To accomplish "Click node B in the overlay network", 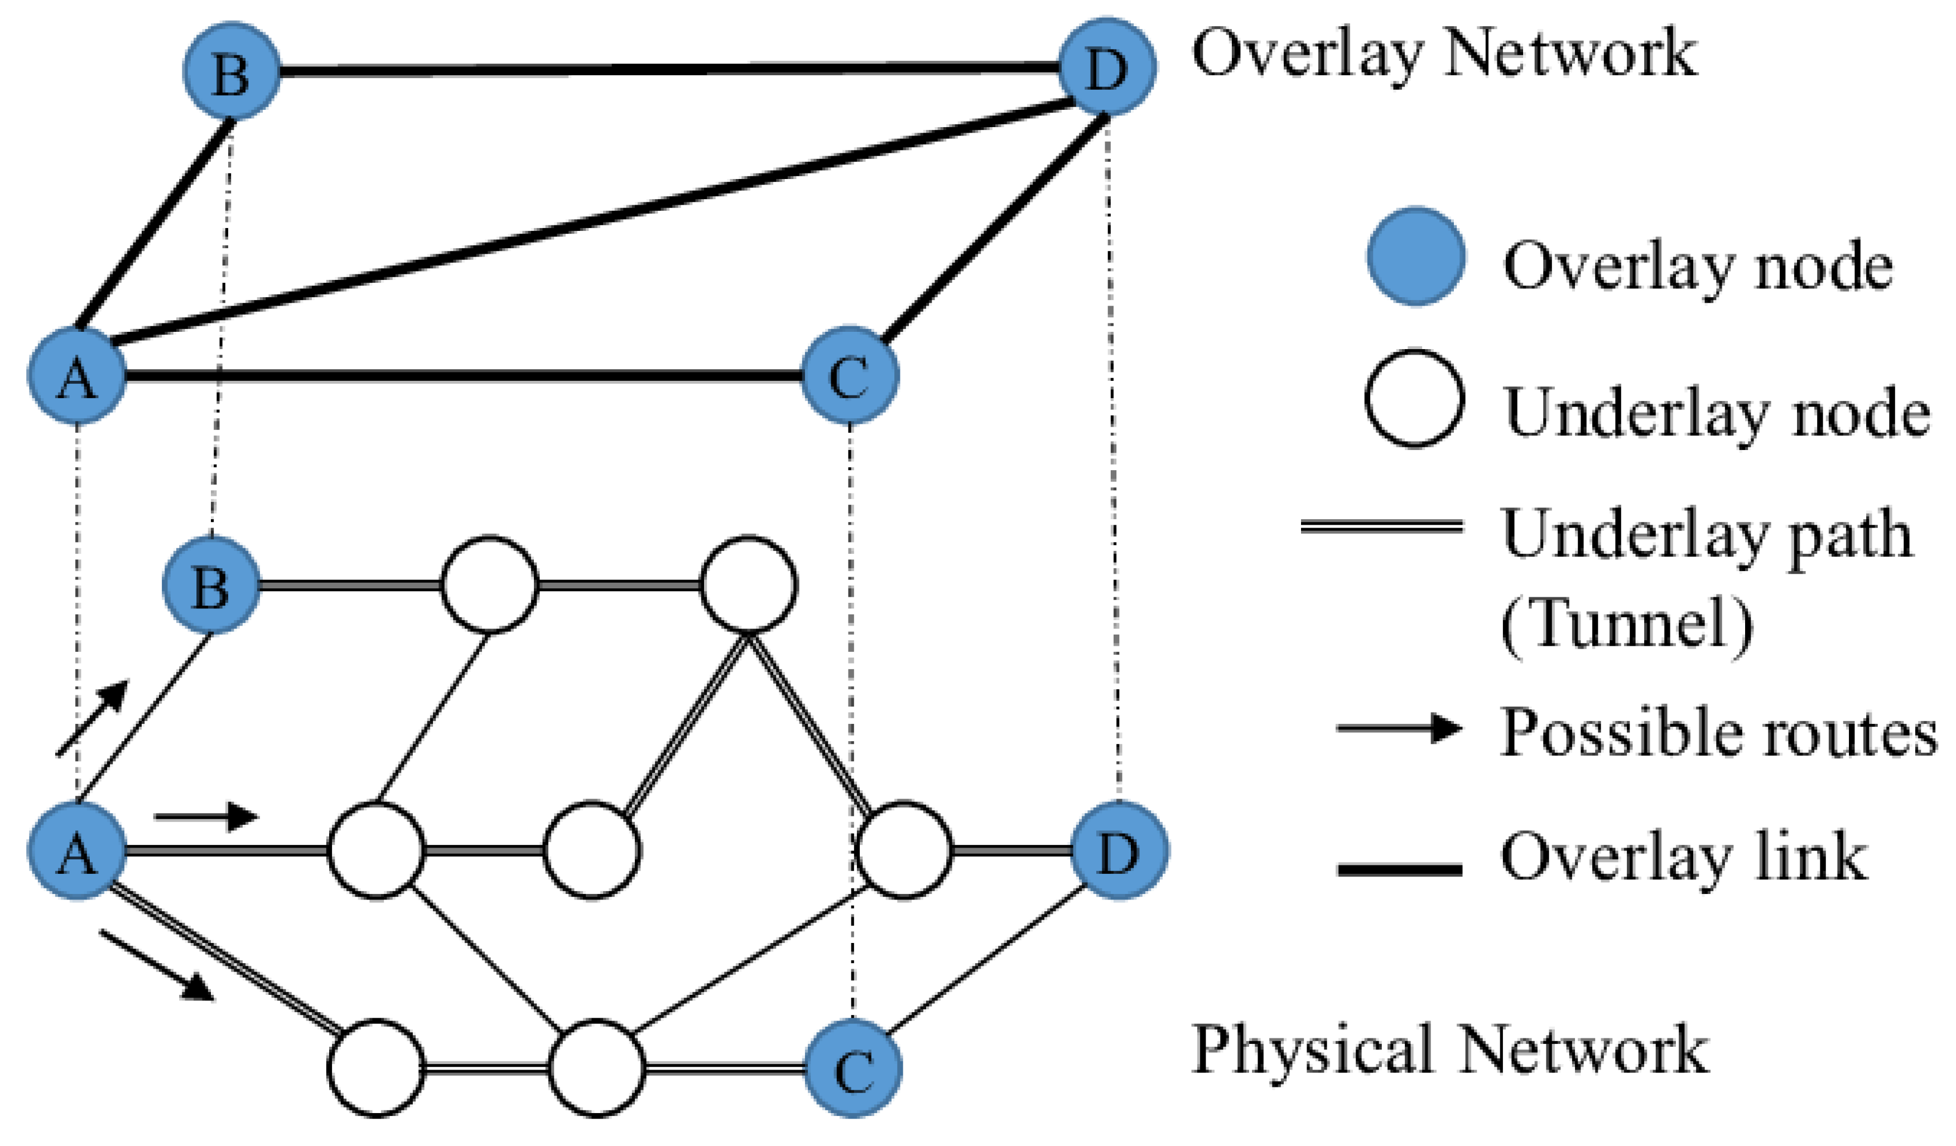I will click(x=232, y=71).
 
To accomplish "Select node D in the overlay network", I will click(x=1107, y=67).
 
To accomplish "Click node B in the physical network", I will click(x=211, y=585).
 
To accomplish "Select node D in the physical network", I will click(x=1119, y=851).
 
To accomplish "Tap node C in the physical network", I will click(x=852, y=1068).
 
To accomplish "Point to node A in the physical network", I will click(x=77, y=851).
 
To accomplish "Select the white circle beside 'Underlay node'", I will click(x=1414, y=399).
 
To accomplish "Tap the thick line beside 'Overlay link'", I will click(x=1399, y=870).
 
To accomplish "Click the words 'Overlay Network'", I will click(x=1444, y=54).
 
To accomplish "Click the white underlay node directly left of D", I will click(x=904, y=851).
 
